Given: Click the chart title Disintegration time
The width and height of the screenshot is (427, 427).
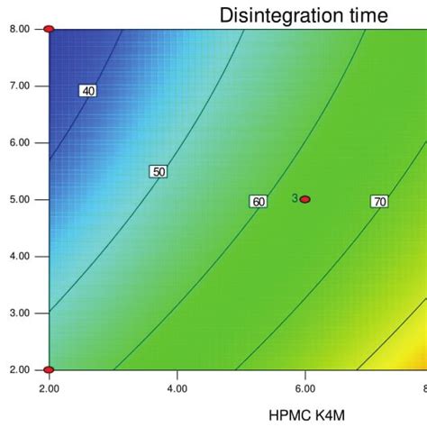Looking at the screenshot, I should coord(304,15).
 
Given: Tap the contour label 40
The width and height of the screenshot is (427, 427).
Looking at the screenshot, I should coord(88,91).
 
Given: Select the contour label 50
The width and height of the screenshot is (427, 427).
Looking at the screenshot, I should coord(159,171).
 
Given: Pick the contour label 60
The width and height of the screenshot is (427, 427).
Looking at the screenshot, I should coord(259,202).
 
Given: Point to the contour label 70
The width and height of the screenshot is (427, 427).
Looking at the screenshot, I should coord(379,202).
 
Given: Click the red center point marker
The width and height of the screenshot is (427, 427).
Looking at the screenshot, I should coord(305,199).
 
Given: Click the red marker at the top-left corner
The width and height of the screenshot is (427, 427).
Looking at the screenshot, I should coord(49,29).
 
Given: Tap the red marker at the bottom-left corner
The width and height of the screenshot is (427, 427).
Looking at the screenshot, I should coord(49,369).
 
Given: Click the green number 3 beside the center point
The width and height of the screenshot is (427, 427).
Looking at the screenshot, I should coord(295,198).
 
